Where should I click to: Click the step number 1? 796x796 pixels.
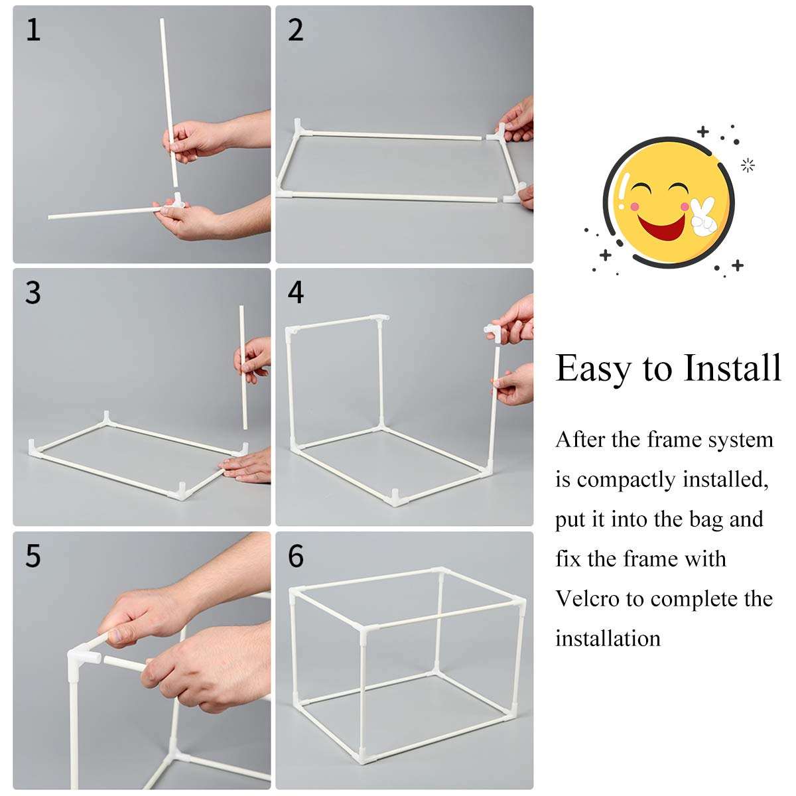pyautogui.click(x=33, y=31)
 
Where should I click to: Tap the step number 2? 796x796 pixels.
pyautogui.click(x=295, y=31)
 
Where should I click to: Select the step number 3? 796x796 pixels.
pyautogui.click(x=33, y=293)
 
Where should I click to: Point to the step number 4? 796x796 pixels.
pyautogui.click(x=296, y=293)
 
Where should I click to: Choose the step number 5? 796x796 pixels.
pyautogui.click(x=33, y=556)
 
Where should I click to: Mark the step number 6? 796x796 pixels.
pyautogui.click(x=296, y=556)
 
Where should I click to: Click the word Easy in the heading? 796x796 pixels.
pyautogui.click(x=592, y=369)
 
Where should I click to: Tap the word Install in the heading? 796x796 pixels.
pyautogui.click(x=732, y=367)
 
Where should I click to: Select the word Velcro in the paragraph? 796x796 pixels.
pyautogui.click(x=588, y=598)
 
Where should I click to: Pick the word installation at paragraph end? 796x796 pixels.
pyautogui.click(x=608, y=638)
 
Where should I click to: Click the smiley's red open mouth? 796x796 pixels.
pyautogui.click(x=661, y=228)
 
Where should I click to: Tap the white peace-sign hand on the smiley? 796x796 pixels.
pyautogui.click(x=704, y=218)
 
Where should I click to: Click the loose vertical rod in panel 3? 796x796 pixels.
pyautogui.click(x=243, y=367)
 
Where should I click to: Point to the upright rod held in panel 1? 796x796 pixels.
pyautogui.click(x=169, y=102)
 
